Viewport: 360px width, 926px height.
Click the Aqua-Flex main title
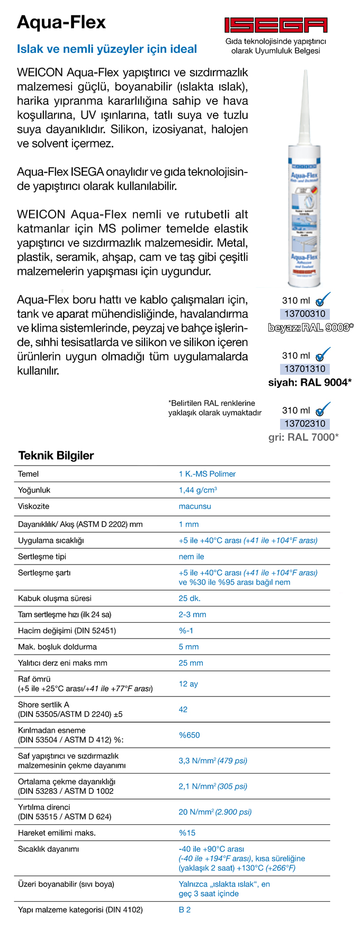[x=61, y=22]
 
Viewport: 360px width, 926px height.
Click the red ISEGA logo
[x=275, y=25]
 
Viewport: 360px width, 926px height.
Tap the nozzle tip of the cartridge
[x=305, y=74]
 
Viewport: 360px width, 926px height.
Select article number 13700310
[x=304, y=314]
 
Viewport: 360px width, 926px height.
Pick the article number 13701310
[x=304, y=369]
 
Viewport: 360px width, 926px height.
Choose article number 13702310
[x=304, y=423]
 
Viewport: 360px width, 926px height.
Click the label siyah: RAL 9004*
[x=310, y=383]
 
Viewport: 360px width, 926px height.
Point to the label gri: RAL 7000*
[x=303, y=437]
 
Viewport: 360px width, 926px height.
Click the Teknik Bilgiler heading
[x=56, y=456]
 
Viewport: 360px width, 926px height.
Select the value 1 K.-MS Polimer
[x=207, y=474]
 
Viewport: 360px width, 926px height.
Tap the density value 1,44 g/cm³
[x=197, y=490]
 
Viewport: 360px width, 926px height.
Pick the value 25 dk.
[x=190, y=598]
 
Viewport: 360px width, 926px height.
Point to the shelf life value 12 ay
[x=188, y=684]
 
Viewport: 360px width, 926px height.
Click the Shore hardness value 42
[x=183, y=709]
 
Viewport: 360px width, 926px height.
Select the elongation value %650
[x=189, y=735]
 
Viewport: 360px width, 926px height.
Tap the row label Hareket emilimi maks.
[x=57, y=833]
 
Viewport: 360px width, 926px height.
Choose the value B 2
[x=184, y=910]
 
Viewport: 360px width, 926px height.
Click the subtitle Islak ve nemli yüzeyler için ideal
[x=107, y=49]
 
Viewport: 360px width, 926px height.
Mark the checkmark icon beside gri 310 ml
[x=322, y=409]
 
